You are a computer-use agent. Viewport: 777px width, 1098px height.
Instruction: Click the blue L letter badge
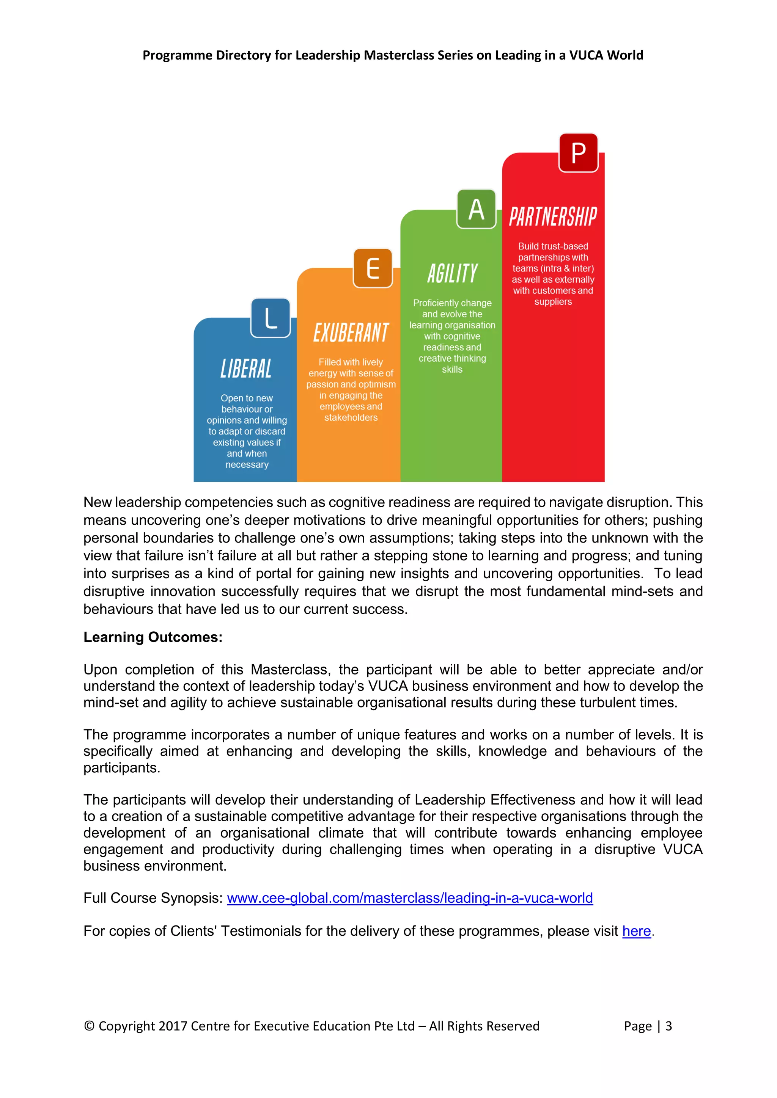pyautogui.click(x=271, y=318)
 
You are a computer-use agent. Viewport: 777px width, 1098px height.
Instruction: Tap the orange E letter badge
pyautogui.click(x=373, y=268)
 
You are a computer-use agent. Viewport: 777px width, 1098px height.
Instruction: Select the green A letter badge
pyautogui.click(x=476, y=209)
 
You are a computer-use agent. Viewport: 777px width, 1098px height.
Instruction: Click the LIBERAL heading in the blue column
pyautogui.click(x=246, y=369)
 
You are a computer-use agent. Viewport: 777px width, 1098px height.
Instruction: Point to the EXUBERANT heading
pyautogui.click(x=351, y=333)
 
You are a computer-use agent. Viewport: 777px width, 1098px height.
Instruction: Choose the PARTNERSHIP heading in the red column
pyautogui.click(x=553, y=216)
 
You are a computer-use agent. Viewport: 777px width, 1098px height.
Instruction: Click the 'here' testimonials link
pyautogui.click(x=636, y=931)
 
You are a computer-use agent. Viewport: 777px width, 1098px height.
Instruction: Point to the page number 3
pyautogui.click(x=669, y=1026)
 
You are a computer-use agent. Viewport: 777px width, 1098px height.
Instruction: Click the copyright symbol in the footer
pyautogui.click(x=89, y=1026)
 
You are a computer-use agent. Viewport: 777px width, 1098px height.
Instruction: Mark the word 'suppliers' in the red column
pyautogui.click(x=553, y=302)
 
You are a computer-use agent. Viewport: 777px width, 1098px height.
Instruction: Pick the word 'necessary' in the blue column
pyautogui.click(x=247, y=465)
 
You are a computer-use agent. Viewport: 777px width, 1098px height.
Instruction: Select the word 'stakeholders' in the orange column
pyautogui.click(x=351, y=418)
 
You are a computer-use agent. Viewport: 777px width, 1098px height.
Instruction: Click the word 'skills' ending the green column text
pyautogui.click(x=452, y=370)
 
